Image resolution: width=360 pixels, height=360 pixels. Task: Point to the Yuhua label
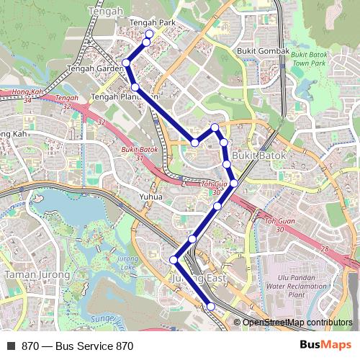coord(151,196)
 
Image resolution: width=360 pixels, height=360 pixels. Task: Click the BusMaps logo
coord(325,345)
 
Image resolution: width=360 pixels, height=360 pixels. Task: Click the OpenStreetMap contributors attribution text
coord(297,322)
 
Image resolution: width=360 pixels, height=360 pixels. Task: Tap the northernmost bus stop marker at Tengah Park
coord(149,34)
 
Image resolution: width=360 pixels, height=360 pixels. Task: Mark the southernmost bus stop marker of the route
coord(211,307)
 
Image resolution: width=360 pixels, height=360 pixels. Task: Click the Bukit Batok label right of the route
coord(259,156)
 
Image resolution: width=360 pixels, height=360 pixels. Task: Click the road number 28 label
coord(325,248)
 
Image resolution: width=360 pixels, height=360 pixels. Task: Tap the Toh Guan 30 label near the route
coord(212,188)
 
